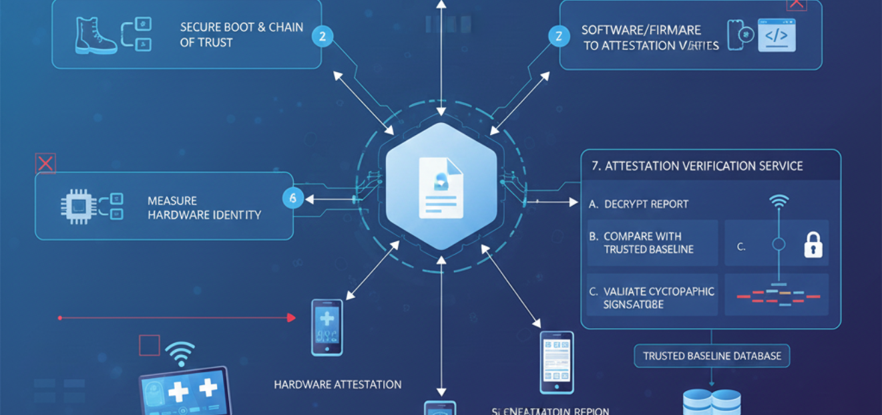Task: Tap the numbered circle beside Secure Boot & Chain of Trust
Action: click(x=322, y=36)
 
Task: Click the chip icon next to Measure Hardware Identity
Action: click(x=75, y=206)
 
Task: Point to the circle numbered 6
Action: click(x=293, y=198)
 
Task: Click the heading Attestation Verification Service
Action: click(x=697, y=166)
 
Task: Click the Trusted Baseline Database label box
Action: click(x=712, y=356)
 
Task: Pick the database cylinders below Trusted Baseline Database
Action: click(x=712, y=403)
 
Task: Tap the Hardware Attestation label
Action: click(x=338, y=384)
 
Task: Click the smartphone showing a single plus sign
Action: click(x=327, y=327)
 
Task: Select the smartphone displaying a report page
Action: click(x=556, y=362)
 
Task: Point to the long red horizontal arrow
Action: click(x=177, y=318)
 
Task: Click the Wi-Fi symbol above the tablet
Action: click(x=180, y=353)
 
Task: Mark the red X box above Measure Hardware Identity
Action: click(x=45, y=163)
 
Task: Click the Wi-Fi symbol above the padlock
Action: click(x=779, y=202)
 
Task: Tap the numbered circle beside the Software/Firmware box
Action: click(x=558, y=36)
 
